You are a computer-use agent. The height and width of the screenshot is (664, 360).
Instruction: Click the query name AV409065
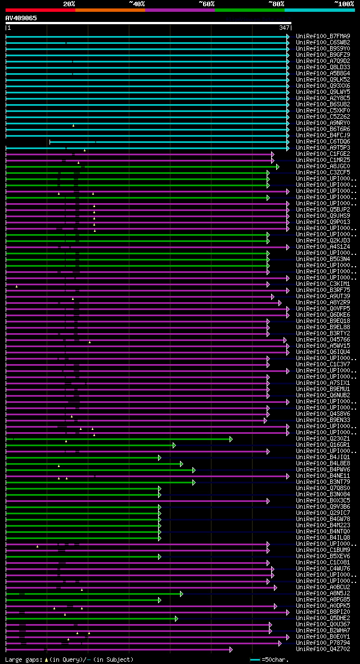[x=21, y=18]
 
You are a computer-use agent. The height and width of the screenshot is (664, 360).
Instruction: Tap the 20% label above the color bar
[x=69, y=4]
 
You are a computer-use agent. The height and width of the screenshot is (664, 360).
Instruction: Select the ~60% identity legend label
[x=206, y=4]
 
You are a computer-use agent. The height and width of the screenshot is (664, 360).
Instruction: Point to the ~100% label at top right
[x=344, y=4]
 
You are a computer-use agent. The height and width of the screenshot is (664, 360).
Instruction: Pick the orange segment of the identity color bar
[x=110, y=10]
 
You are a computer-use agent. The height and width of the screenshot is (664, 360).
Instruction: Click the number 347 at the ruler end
[x=284, y=28]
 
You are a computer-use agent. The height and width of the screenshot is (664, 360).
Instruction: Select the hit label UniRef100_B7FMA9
[x=323, y=36]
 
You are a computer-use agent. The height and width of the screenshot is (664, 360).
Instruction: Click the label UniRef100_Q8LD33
[x=323, y=67]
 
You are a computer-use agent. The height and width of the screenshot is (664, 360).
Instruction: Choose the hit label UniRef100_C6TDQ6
[x=323, y=141]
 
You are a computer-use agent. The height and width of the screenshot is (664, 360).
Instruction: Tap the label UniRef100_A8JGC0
[x=323, y=166]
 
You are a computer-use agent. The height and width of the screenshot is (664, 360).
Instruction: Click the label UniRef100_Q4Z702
[x=323, y=649]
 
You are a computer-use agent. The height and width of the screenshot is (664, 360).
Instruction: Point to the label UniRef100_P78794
[x=323, y=643]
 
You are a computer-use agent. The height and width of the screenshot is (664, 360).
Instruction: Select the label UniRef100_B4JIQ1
[x=323, y=457]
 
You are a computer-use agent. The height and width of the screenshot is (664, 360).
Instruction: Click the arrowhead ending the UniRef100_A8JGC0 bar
[x=277, y=167]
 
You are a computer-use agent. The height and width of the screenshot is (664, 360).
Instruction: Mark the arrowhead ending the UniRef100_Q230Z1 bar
[x=231, y=439]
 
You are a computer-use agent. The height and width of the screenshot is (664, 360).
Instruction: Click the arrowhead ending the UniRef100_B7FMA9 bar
[x=287, y=37]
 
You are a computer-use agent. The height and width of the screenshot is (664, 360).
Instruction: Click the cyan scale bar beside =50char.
[x=255, y=659]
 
